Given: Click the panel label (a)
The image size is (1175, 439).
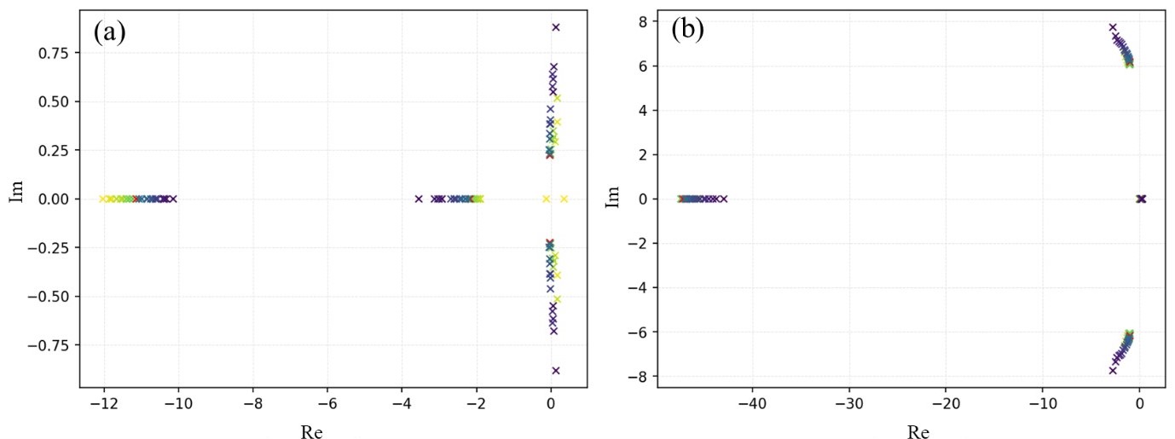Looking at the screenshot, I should click(110, 32).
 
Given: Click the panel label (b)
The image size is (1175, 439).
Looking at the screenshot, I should click(687, 30).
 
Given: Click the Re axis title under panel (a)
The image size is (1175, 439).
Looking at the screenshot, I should click(312, 430).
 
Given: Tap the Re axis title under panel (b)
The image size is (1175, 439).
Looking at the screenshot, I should click(917, 430).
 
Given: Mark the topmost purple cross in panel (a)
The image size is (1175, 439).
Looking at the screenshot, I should click(556, 27).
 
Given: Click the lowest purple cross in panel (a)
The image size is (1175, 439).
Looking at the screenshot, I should click(556, 370).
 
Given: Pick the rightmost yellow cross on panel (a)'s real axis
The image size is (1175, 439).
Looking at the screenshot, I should click(564, 199).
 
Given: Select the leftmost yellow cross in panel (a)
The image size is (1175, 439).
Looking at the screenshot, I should click(103, 199).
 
